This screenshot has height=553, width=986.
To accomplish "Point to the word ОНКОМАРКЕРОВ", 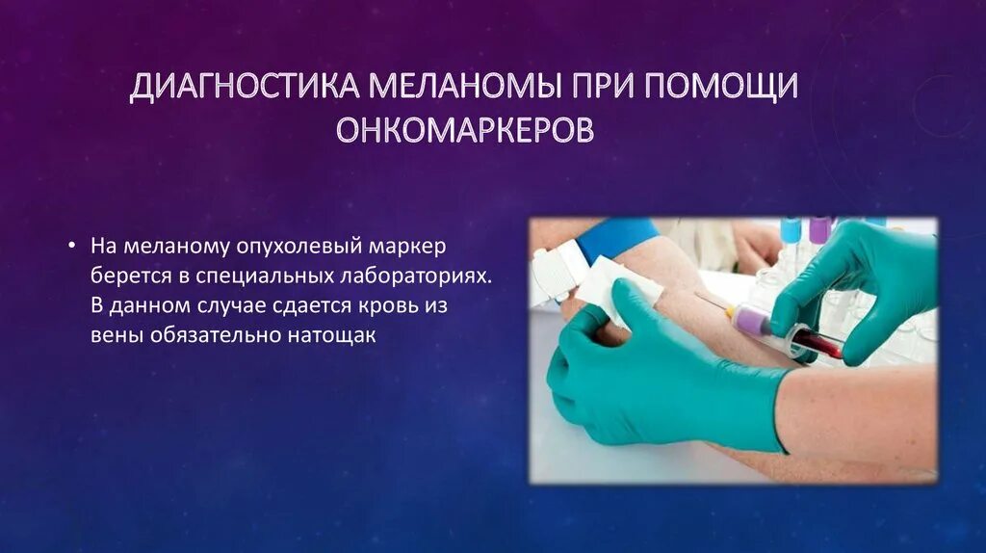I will [x=464, y=130].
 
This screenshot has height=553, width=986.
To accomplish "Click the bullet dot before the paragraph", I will [x=73, y=246].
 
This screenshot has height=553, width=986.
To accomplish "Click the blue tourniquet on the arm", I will [x=616, y=237].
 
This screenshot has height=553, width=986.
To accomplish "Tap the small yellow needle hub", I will [x=731, y=310].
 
